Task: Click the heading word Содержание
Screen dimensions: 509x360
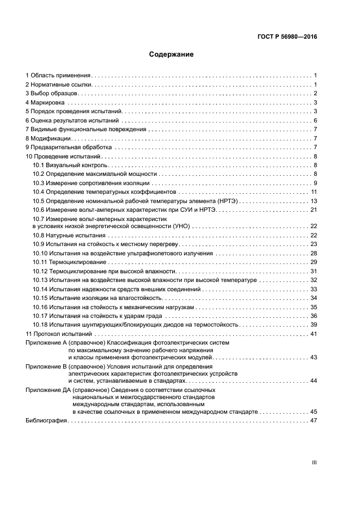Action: pos(171,54)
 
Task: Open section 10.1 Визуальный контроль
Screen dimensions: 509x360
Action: pos(69,165)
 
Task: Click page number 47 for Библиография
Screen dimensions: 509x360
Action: pos(313,421)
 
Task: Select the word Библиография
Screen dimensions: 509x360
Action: pos(46,421)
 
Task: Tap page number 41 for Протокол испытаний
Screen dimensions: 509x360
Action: pos(313,334)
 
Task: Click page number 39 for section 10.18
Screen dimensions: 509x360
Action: pos(313,324)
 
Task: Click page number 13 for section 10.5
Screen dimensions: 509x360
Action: pos(313,201)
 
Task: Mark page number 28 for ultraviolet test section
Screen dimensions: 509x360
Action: pos(313,253)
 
